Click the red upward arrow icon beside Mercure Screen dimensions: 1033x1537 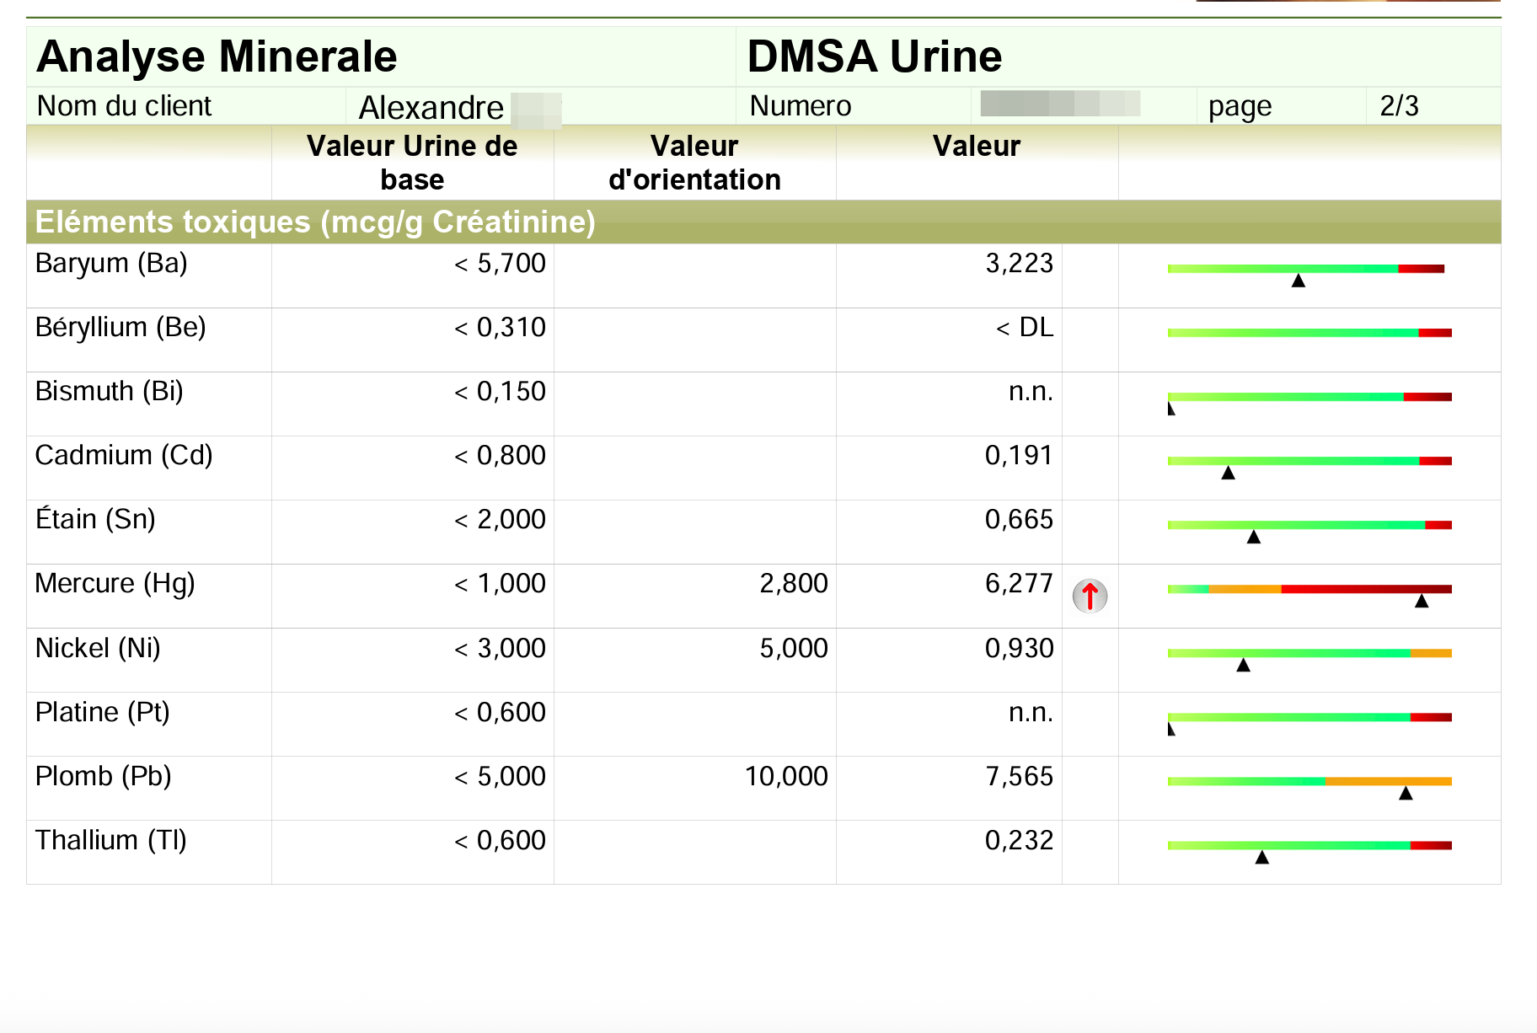[1090, 596]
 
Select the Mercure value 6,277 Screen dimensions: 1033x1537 [1019, 583]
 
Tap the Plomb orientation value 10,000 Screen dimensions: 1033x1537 [785, 776]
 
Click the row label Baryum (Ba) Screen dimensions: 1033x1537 [111, 263]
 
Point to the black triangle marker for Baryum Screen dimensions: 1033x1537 [1299, 281]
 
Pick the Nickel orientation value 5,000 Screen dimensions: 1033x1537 [793, 648]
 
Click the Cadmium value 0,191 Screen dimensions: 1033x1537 [1019, 455]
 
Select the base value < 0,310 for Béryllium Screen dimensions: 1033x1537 [500, 327]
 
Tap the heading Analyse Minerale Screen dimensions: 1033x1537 [217, 56]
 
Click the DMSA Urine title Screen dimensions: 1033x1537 [874, 56]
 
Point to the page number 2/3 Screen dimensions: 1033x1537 [1399, 106]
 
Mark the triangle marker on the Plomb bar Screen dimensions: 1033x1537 [1406, 793]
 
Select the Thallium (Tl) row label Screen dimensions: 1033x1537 [110, 840]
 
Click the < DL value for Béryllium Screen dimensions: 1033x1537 [1024, 327]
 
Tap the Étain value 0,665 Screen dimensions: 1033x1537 [1019, 519]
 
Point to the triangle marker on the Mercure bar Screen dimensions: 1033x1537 [1422, 601]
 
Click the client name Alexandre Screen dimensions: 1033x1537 [431, 108]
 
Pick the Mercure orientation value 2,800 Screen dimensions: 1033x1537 [793, 583]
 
